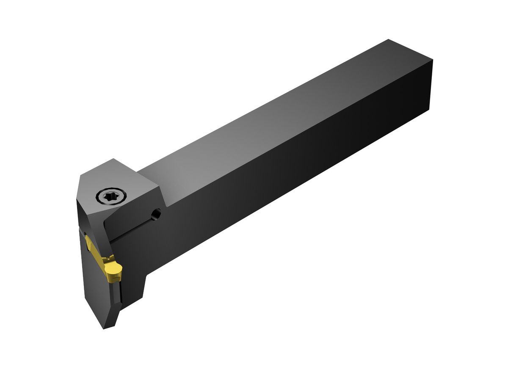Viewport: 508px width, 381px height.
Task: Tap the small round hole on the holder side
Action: [157, 215]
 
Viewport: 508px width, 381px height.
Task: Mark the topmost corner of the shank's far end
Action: [389, 40]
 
